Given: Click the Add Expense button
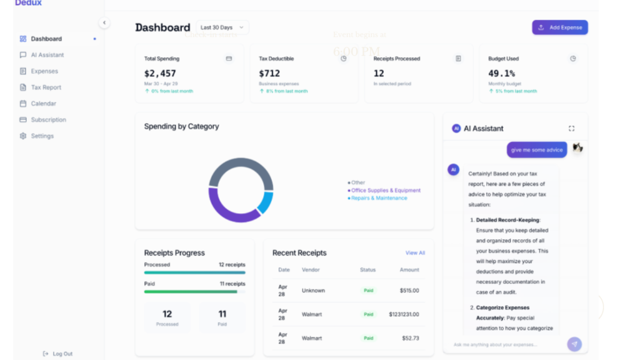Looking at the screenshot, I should (x=560, y=27).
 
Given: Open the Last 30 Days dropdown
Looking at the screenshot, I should (x=222, y=27).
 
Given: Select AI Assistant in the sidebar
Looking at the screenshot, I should (x=47, y=55).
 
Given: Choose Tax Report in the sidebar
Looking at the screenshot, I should (x=46, y=87).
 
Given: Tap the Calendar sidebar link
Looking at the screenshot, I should (x=43, y=104).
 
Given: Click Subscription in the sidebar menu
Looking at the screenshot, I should (x=48, y=120).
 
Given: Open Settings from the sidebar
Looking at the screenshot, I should (x=42, y=136).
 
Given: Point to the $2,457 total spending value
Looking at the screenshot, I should (x=160, y=73).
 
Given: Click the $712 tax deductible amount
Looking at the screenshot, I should (x=269, y=73).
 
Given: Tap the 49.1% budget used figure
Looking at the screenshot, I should (x=501, y=73).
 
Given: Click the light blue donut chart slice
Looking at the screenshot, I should (x=266, y=202).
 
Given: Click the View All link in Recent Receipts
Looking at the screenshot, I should (x=415, y=253).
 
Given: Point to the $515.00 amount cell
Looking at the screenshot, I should (x=409, y=291).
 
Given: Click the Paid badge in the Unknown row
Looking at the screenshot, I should (x=369, y=291).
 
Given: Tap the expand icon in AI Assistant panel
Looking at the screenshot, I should (x=571, y=129).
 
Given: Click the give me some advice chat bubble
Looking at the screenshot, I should (x=536, y=150).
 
